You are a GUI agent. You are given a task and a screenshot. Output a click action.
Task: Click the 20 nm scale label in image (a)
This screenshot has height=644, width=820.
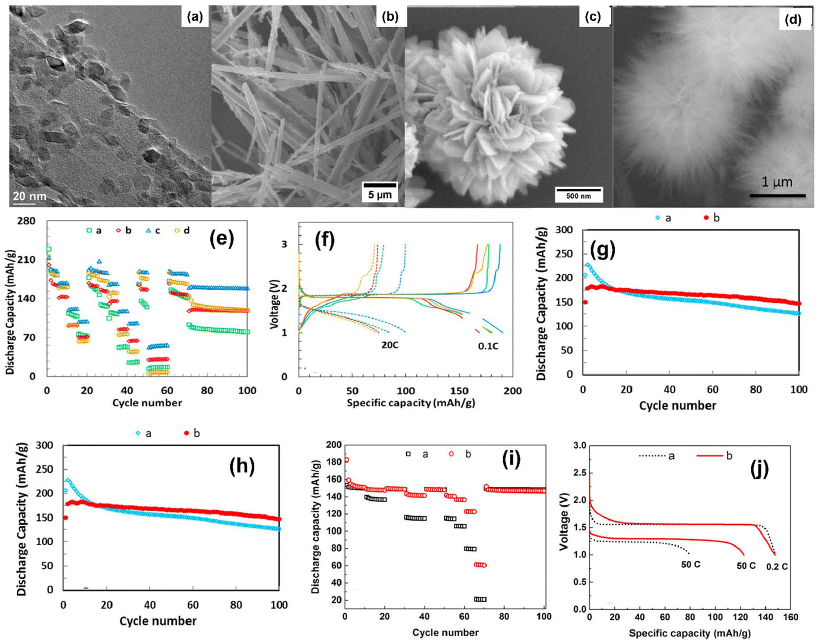pyautogui.click(x=29, y=196)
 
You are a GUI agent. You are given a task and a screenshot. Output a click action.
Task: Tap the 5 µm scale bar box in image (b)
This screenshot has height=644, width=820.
pyautogui.click(x=379, y=191)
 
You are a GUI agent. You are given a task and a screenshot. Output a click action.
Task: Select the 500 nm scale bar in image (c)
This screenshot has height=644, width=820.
pyautogui.click(x=578, y=194)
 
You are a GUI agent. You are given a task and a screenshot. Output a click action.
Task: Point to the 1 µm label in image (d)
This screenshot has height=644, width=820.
pyautogui.click(x=777, y=182)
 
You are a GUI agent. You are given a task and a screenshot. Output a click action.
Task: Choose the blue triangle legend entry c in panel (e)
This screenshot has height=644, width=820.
pyautogui.click(x=153, y=231)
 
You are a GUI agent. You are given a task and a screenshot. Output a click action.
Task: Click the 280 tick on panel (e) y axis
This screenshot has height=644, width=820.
pyautogui.click(x=26, y=221)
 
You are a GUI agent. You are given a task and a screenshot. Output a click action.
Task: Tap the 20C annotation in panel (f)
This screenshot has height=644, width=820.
pyautogui.click(x=390, y=345)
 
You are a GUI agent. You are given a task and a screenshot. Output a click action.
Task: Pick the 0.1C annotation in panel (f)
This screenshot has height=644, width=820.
pyautogui.click(x=488, y=346)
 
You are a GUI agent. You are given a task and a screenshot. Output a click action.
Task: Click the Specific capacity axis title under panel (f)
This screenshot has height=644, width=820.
pyautogui.click(x=411, y=403)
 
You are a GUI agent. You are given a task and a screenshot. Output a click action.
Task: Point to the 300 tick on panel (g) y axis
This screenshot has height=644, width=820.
pyautogui.click(x=564, y=230)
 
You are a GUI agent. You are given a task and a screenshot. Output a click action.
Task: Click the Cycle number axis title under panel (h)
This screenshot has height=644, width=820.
pyautogui.click(x=158, y=621)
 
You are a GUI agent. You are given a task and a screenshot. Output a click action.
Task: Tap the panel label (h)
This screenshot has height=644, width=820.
pyautogui.click(x=242, y=466)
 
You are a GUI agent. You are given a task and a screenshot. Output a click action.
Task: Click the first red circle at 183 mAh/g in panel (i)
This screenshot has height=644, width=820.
pyautogui.click(x=346, y=460)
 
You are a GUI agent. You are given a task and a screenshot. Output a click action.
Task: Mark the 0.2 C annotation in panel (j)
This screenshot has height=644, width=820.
pyautogui.click(x=777, y=567)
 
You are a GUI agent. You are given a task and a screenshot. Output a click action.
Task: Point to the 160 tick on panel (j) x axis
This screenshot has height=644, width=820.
pyautogui.click(x=790, y=617)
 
